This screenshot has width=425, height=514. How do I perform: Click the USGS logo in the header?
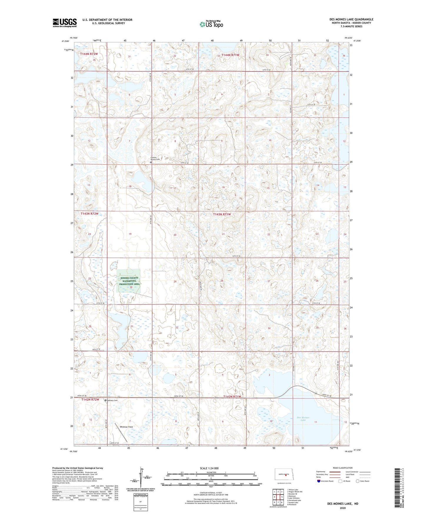pyautogui.click(x=65, y=22)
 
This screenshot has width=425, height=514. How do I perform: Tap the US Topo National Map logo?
pyautogui.click(x=211, y=24)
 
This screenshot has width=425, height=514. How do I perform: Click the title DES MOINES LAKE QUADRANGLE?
pyautogui.click(x=351, y=19)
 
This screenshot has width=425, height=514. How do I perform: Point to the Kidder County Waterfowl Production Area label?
pyautogui.click(x=130, y=281)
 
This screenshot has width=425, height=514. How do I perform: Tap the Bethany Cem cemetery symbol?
pyautogui.click(x=106, y=400)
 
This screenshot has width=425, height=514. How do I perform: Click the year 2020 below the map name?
pyautogui.click(x=343, y=508)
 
